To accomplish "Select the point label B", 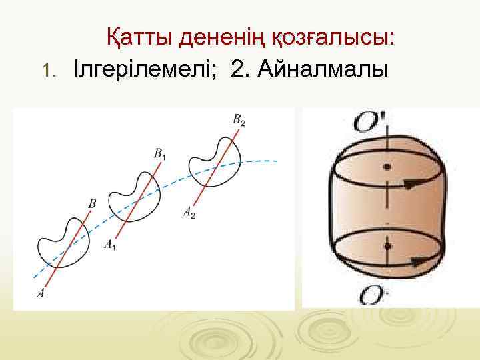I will (x=91, y=201).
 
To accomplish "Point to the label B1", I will (x=160, y=154).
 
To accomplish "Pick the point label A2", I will (x=189, y=213).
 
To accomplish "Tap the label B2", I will (x=239, y=120).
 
